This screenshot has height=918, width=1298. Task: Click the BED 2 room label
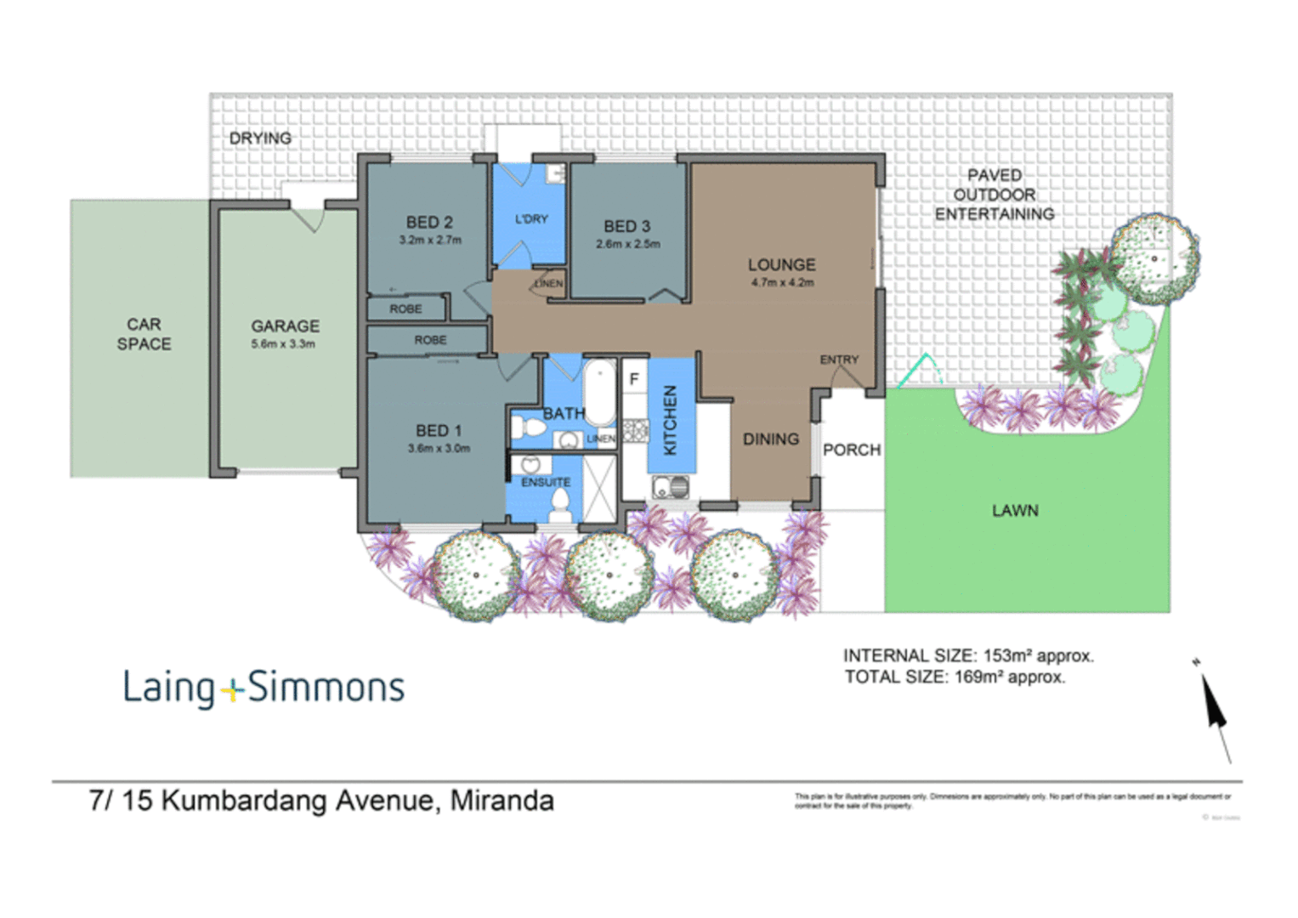[429, 222]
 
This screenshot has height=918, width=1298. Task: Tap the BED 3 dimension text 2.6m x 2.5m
[627, 244]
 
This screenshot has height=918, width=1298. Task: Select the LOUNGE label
[781, 264]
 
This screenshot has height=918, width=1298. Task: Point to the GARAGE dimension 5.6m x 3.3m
[283, 344]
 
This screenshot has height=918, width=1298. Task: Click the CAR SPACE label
[144, 334]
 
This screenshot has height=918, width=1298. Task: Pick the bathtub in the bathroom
[599, 392]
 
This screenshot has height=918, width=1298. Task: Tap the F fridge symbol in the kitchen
[634, 379]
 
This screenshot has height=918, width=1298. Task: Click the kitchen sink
[671, 487]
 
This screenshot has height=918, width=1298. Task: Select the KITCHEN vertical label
[670, 420]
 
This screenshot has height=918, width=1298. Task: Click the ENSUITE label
[546, 482]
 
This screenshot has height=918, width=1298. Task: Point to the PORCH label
[852, 450]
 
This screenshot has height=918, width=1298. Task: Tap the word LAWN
[1015, 510]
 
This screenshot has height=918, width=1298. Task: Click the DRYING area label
[260, 138]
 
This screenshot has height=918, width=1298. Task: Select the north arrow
[1214, 708]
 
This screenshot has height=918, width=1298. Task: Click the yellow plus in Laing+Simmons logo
[231, 690]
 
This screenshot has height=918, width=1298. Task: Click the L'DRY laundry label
[531, 218]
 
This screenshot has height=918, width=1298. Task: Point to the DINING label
[770, 439]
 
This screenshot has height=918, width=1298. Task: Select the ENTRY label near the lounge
[839, 360]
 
